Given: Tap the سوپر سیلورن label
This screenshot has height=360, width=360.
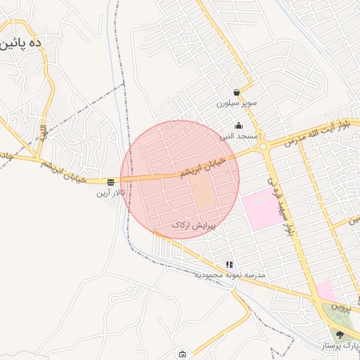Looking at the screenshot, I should (x=236, y=103).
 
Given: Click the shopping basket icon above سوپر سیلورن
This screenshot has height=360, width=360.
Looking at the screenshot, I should (x=236, y=92).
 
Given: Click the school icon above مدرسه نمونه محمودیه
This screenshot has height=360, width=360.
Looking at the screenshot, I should (x=229, y=264).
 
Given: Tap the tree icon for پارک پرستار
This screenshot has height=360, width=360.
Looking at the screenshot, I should (x=340, y=335).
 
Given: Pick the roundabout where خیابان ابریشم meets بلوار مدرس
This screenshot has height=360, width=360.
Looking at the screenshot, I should (x=263, y=146).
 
